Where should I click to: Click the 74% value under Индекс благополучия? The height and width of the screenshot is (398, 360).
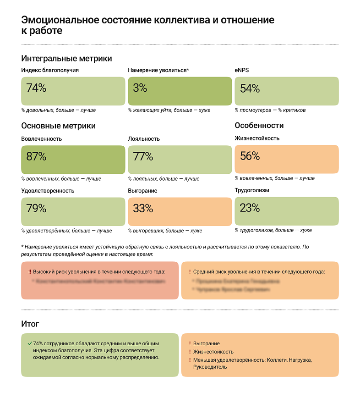click(x=36, y=88)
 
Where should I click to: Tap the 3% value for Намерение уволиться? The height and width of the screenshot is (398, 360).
click(x=140, y=88)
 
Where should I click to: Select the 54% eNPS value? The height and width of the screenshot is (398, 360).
click(x=250, y=88)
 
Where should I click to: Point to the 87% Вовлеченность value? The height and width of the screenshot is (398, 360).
click(x=36, y=156)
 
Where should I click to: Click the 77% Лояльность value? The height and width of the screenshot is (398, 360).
click(x=143, y=156)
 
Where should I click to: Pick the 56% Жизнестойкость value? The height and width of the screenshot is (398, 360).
click(x=250, y=156)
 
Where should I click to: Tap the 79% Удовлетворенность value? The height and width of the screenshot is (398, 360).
click(x=36, y=208)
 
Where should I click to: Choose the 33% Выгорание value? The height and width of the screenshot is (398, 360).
click(x=143, y=208)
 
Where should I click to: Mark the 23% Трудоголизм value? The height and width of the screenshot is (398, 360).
click(x=250, y=208)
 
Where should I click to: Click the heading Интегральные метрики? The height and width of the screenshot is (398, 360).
click(x=66, y=59)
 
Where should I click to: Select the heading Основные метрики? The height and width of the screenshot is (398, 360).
click(x=59, y=126)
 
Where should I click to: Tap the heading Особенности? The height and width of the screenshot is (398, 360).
click(x=259, y=125)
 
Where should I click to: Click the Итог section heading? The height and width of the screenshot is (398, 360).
click(x=30, y=324)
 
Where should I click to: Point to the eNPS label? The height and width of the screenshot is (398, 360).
click(x=242, y=70)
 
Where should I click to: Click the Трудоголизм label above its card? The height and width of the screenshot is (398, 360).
click(x=252, y=190)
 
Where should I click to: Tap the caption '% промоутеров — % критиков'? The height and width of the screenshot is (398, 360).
click(x=270, y=110)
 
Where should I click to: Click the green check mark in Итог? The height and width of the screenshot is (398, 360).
click(x=29, y=343)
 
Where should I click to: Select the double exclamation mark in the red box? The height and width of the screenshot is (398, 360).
click(x=30, y=272)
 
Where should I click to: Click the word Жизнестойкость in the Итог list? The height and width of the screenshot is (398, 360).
click(x=213, y=352)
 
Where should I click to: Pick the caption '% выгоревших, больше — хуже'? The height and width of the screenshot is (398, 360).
click(x=165, y=231)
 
